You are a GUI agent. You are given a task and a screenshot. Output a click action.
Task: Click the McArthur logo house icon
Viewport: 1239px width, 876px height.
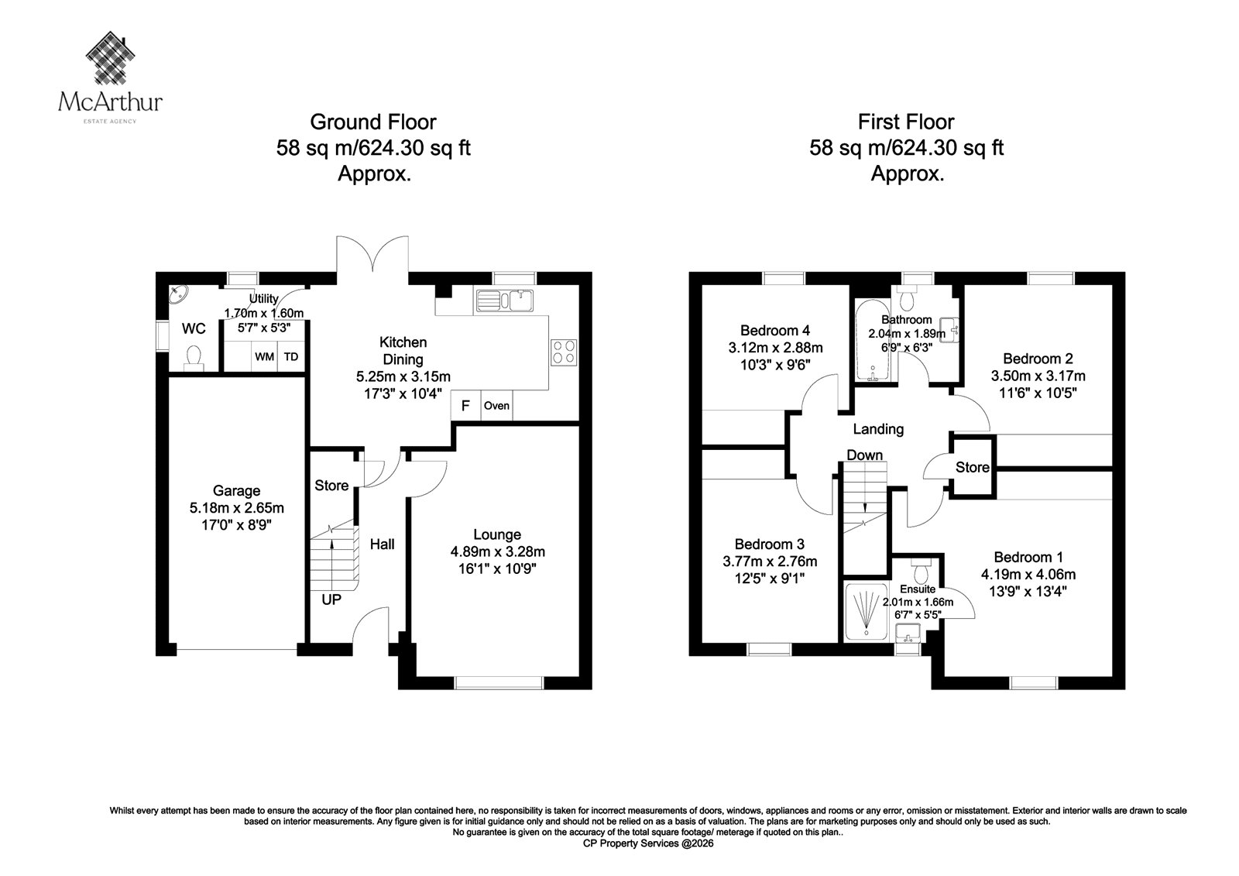[x=111, y=58]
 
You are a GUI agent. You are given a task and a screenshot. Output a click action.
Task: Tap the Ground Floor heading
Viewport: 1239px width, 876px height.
[x=372, y=122]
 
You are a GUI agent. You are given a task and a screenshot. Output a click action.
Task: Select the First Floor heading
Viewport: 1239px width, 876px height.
[x=906, y=122]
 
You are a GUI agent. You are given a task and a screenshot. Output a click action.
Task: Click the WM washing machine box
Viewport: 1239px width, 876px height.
[x=264, y=357]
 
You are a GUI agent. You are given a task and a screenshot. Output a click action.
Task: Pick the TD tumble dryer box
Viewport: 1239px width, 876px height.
[x=291, y=357]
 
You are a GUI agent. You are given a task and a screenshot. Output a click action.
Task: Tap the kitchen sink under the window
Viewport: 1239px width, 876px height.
[x=504, y=301]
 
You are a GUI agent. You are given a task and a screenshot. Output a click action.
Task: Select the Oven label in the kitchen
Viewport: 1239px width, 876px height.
[x=496, y=406]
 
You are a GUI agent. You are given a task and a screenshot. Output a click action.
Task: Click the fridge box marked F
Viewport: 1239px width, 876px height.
[x=465, y=406]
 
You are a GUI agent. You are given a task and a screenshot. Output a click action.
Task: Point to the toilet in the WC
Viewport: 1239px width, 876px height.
[x=194, y=358]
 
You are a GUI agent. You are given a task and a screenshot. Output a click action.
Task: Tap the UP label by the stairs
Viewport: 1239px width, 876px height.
[x=331, y=599]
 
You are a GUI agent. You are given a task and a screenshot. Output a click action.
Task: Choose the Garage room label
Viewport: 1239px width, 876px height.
[x=236, y=491]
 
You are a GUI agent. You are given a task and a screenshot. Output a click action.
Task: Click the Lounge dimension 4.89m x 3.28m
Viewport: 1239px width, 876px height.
[x=497, y=551]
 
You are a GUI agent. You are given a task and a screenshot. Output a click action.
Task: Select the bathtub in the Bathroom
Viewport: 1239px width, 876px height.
[x=872, y=340]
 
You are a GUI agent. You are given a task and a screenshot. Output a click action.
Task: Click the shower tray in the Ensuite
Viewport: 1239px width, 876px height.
[x=866, y=611]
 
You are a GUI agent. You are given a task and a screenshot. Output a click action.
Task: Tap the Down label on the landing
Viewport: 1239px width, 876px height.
[x=864, y=455]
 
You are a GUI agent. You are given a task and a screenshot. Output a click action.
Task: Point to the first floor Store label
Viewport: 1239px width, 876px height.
[x=973, y=468]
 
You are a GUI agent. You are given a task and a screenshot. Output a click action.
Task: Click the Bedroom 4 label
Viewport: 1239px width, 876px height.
[x=775, y=331]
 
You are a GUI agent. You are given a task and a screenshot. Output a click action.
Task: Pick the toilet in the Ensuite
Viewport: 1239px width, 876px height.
[x=921, y=569]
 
